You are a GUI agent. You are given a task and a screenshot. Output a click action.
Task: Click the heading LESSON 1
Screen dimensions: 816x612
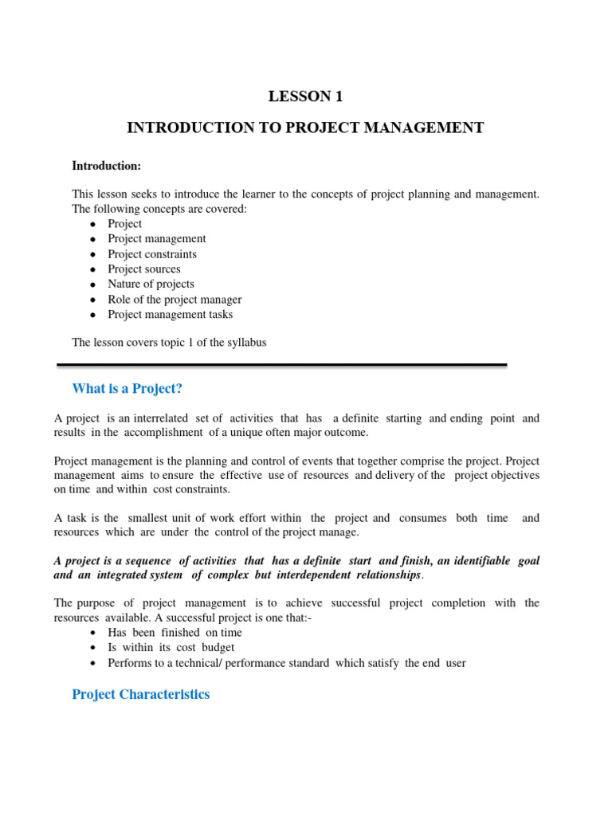pyautogui.click(x=305, y=96)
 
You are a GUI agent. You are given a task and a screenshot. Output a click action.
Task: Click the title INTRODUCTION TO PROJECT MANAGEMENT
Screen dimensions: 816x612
pyautogui.click(x=305, y=127)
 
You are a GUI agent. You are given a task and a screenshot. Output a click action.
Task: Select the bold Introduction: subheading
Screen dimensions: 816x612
pyautogui.click(x=106, y=166)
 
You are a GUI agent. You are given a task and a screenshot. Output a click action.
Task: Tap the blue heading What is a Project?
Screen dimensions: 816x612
pyautogui.click(x=127, y=388)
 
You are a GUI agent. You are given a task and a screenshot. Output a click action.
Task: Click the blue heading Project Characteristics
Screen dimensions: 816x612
pyautogui.click(x=140, y=694)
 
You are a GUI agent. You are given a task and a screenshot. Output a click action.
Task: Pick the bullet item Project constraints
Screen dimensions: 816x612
pyautogui.click(x=152, y=254)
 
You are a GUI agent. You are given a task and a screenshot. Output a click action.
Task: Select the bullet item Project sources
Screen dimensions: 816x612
pyautogui.click(x=144, y=269)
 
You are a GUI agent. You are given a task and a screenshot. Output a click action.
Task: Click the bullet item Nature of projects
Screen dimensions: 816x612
pyautogui.click(x=151, y=284)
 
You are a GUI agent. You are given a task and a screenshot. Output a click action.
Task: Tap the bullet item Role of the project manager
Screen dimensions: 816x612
pyautogui.click(x=175, y=300)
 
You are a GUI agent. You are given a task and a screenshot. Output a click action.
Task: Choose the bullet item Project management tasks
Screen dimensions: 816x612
pyautogui.click(x=171, y=315)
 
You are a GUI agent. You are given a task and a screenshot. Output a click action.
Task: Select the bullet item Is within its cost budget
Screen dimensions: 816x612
pyautogui.click(x=171, y=648)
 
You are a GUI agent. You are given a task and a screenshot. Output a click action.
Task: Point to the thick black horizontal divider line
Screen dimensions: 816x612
pyautogui.click(x=282, y=365)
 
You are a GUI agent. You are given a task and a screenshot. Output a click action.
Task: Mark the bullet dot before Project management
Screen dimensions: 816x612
pyautogui.click(x=93, y=239)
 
